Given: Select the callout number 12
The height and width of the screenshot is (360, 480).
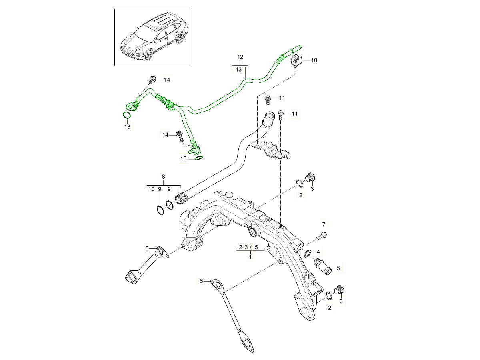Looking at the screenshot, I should pos(240,57).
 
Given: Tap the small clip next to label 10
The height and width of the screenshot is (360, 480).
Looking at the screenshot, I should pos(296,61).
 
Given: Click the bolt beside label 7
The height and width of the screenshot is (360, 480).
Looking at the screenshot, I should pos(321,236).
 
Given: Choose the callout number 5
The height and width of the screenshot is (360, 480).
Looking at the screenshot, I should pos(338,268).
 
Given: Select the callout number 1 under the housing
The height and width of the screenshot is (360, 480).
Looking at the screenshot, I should pos(250,256).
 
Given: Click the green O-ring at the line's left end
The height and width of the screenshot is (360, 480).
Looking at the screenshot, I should pos(127,116).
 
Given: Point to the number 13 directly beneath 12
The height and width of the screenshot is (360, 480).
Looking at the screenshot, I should pos(239,70).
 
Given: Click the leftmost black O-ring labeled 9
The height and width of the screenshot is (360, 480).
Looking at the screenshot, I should pos(160,210).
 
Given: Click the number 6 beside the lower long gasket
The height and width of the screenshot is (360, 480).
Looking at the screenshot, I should pos(202,281).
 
